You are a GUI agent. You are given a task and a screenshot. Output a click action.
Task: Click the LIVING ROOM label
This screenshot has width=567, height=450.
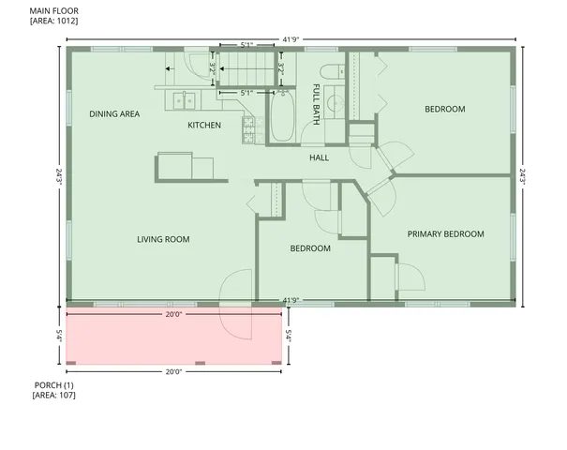pyautogui.click(x=163, y=240)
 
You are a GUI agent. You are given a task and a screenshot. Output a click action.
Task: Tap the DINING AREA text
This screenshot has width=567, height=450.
pyautogui.click(x=114, y=114)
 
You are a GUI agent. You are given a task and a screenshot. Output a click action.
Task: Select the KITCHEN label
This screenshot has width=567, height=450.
pyautogui.click(x=204, y=125)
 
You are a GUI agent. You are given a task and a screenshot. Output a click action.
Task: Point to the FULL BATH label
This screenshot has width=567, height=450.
pyautogui.click(x=316, y=104)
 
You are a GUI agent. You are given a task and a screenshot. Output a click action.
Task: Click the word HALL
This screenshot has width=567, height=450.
pyautogui.click(x=319, y=157)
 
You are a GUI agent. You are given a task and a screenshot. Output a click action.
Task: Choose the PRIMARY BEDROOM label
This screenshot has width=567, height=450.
pyautogui.click(x=445, y=233)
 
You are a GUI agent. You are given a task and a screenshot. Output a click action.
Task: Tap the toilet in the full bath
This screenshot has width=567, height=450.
pyautogui.click(x=330, y=73)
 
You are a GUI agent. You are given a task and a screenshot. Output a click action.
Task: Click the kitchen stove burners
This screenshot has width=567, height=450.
pyautogui.click(x=249, y=130)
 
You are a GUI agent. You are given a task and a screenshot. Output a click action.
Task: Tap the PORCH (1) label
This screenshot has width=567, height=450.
pyautogui.click(x=53, y=385)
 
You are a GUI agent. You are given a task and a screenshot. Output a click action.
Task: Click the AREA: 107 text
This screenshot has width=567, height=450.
pyautogui.click(x=53, y=396)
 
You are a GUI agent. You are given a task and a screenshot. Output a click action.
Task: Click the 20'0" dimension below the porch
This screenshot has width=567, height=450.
pyautogui.click(x=173, y=371)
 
